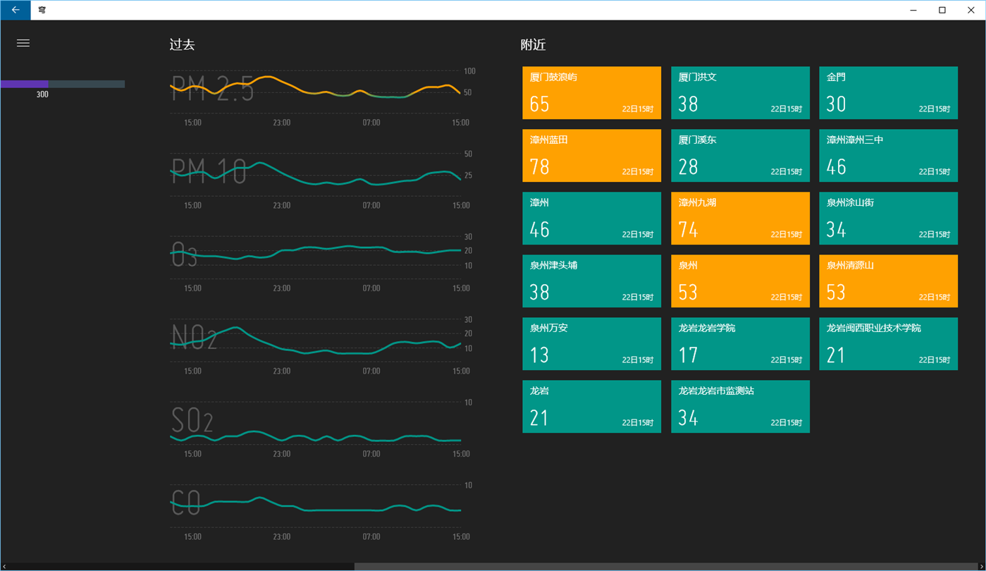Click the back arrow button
click(16, 10)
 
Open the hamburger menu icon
click(23, 43)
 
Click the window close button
click(970, 10)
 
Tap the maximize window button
click(942, 10)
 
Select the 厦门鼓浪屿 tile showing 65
click(591, 93)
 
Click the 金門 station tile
click(888, 93)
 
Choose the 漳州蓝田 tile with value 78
click(591, 155)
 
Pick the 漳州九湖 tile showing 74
click(740, 219)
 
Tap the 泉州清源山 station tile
click(888, 281)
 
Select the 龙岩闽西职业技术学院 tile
click(888, 344)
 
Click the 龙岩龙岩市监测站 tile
click(740, 406)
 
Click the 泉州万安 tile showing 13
click(591, 344)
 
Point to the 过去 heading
click(182, 44)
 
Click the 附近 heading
click(533, 44)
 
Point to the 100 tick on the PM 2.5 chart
click(469, 71)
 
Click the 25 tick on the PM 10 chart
click(469, 176)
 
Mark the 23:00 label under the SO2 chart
click(282, 454)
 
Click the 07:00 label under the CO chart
click(371, 536)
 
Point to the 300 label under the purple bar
click(42, 94)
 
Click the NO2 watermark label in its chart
click(194, 337)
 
